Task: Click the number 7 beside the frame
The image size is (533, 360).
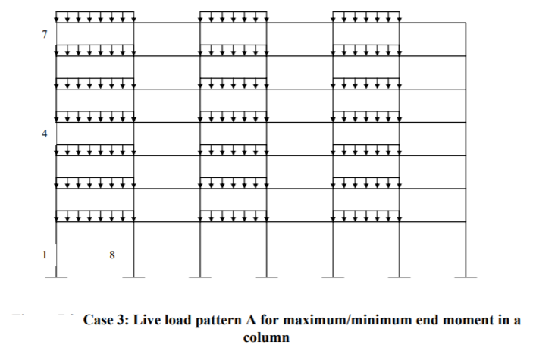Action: (x=45, y=35)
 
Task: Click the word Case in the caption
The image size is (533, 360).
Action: (x=99, y=321)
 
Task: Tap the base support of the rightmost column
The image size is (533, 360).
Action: (x=466, y=277)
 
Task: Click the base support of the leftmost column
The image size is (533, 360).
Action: (x=57, y=277)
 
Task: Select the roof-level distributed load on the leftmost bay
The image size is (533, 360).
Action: (x=96, y=17)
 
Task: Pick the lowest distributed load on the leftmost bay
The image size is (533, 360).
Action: (x=96, y=216)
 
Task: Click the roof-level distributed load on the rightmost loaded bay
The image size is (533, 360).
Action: (x=366, y=17)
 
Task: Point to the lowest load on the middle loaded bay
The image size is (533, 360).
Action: (x=233, y=216)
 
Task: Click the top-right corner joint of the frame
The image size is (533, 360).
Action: (x=466, y=23)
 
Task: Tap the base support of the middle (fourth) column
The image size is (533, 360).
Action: (x=266, y=277)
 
